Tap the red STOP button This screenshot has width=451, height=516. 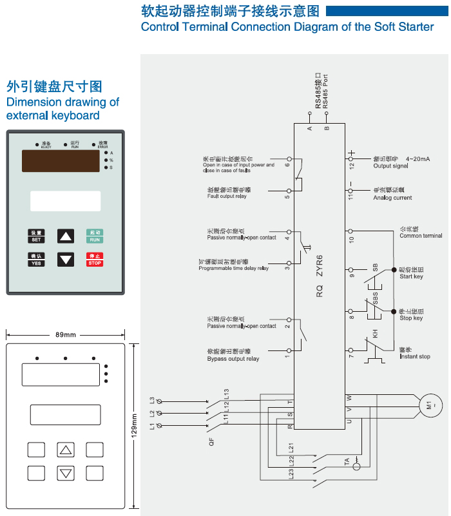95,260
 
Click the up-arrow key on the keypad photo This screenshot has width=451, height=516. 66,236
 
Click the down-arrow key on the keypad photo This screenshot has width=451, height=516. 66,260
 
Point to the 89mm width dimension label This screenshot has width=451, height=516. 65,335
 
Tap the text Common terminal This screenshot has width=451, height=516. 421,236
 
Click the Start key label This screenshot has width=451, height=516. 411,277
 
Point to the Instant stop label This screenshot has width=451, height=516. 414,357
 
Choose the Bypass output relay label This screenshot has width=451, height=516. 233,359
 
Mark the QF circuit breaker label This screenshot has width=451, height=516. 211,443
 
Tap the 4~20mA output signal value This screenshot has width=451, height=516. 418,158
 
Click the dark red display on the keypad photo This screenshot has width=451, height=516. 61,161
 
